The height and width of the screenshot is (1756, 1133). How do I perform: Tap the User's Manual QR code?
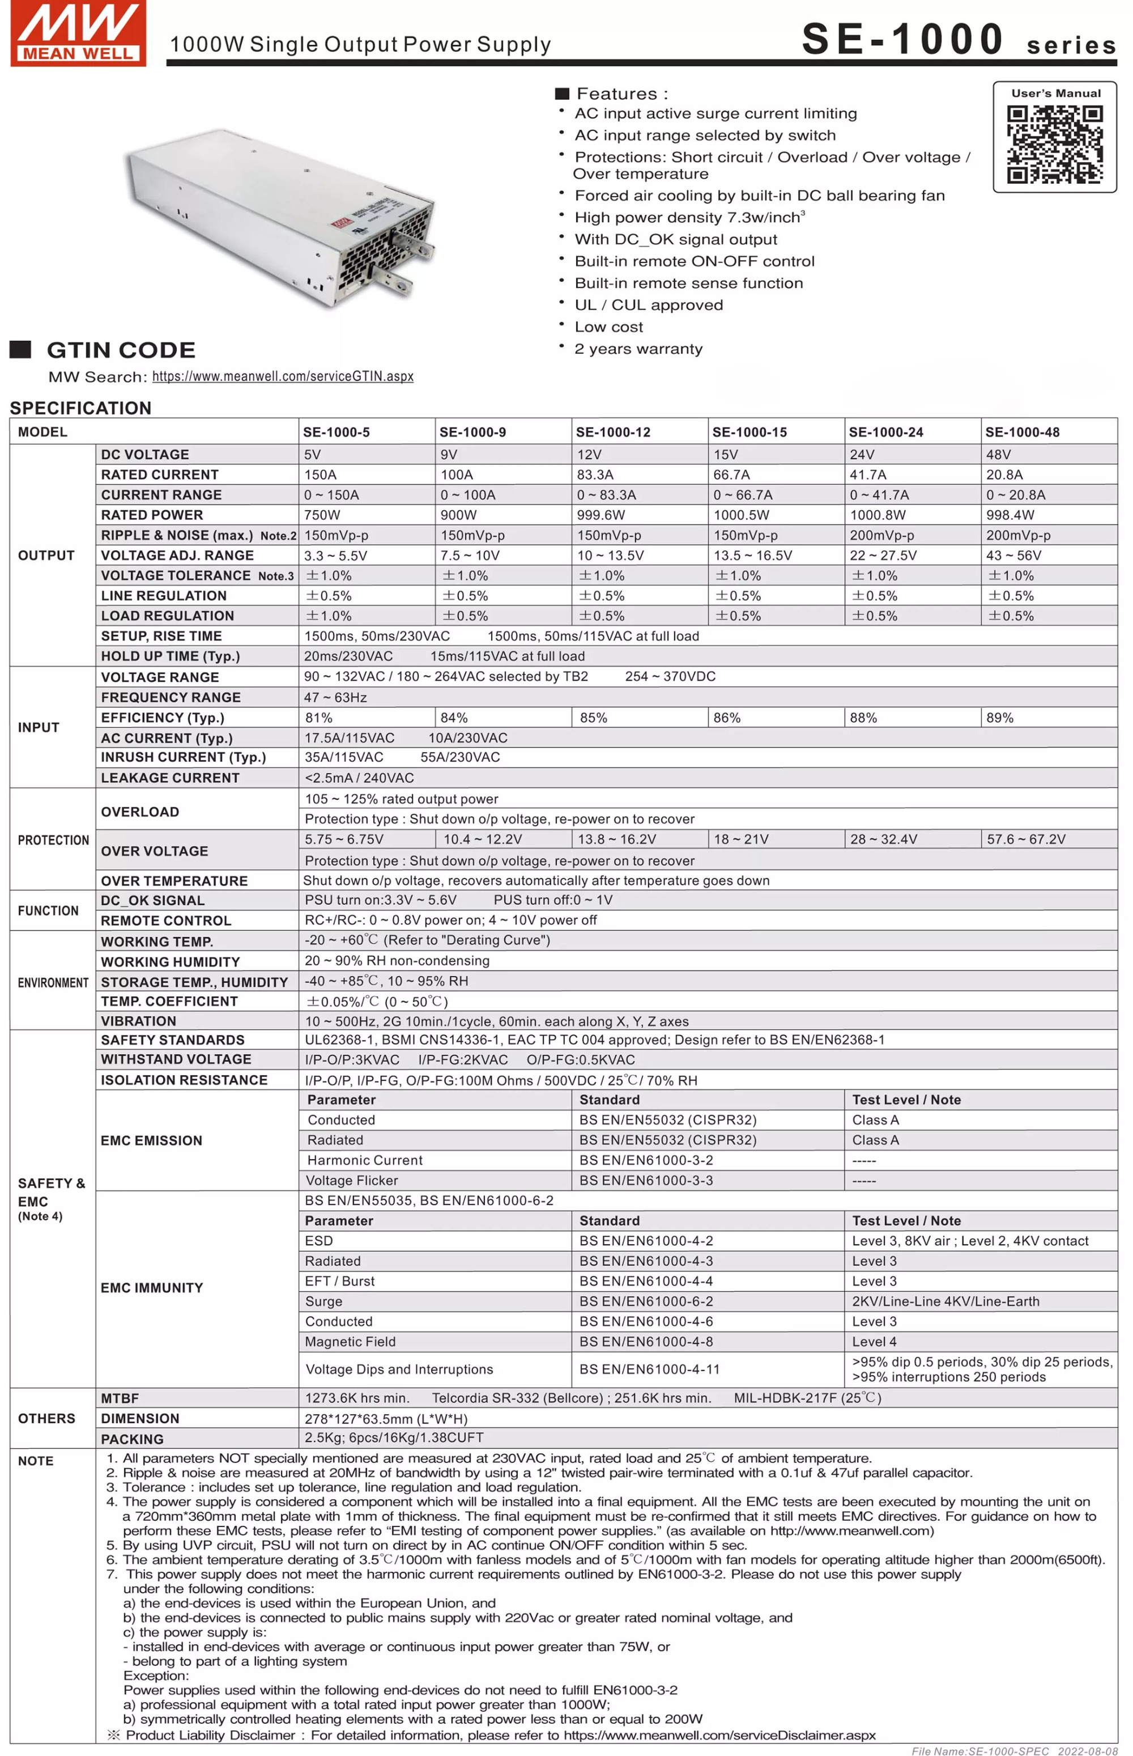coord(1054,143)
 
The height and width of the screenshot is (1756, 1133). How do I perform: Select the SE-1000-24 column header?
coord(886,432)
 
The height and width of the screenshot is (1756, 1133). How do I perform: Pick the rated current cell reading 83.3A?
coord(595,474)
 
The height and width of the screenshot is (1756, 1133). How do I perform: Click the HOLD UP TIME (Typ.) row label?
coord(171,656)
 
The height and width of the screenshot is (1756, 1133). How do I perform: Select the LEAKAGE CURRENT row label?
coord(170,778)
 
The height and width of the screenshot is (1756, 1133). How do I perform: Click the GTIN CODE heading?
coord(121,350)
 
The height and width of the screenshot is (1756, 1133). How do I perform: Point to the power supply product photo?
coord(280,221)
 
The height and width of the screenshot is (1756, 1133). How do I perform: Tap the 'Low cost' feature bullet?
coord(608,326)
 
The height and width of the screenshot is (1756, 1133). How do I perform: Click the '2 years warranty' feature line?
coord(638,349)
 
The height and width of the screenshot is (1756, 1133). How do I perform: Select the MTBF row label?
coord(120,1398)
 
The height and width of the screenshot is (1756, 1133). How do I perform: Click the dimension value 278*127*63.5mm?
coord(386,1418)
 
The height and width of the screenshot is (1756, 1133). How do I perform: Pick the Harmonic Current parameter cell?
coord(365,1160)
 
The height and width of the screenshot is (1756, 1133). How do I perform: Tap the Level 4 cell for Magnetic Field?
coord(874,1342)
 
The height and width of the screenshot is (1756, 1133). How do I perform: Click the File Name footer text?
coord(1014,1751)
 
